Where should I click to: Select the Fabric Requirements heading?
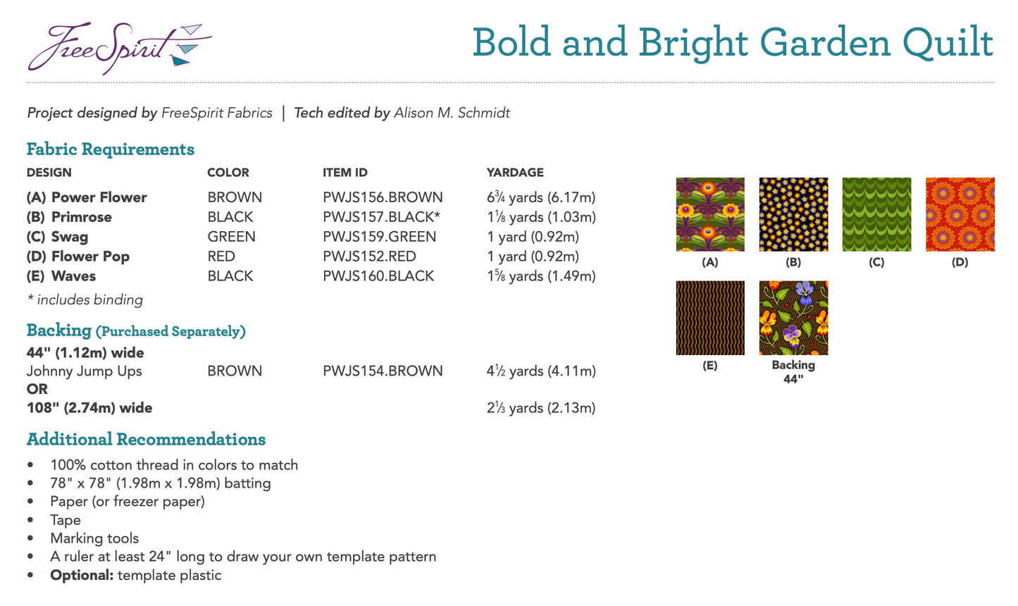[110, 149]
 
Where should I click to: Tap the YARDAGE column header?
[515, 173]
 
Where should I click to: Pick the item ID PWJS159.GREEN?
[379, 237]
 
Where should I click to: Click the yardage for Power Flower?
[540, 197]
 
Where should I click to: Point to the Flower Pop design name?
[90, 256]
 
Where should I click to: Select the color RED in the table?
[221, 256]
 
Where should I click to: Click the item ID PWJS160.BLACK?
[378, 276]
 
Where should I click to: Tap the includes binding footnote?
[85, 300]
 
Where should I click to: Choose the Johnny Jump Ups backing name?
[85, 371]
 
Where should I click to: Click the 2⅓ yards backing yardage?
[540, 408]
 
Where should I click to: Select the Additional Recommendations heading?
[146, 440]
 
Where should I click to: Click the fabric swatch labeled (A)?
[710, 214]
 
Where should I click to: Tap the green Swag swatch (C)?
[876, 214]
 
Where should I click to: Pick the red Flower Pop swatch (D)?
[960, 214]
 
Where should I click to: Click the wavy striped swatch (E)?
[710, 318]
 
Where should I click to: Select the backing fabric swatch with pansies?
[793, 318]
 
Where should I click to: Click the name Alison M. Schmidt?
[452, 113]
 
